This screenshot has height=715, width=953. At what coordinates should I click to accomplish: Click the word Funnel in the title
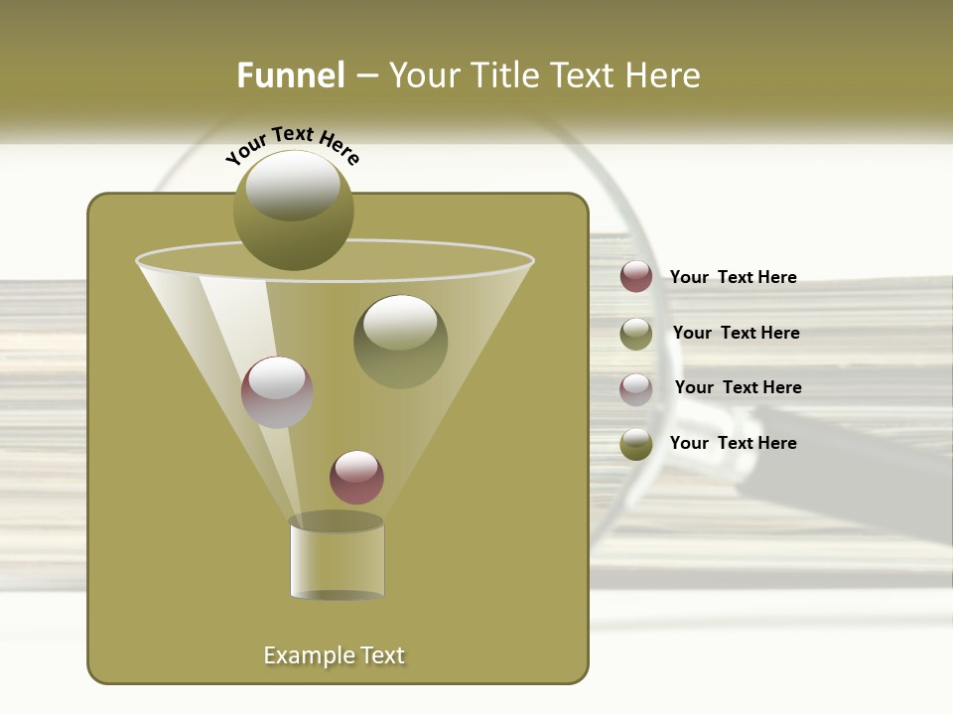(290, 75)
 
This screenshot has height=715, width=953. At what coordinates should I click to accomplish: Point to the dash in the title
(366, 76)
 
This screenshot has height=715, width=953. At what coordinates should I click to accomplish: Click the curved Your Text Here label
(292, 145)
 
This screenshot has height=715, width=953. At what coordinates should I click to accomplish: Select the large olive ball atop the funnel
(294, 211)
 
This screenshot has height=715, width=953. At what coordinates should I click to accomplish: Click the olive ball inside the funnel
(400, 341)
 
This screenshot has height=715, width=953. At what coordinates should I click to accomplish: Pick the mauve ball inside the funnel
(277, 391)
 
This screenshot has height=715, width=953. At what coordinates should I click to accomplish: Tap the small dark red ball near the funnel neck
(356, 477)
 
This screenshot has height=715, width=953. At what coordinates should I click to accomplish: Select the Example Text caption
(334, 655)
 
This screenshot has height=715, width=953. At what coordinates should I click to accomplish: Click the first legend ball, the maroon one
(636, 277)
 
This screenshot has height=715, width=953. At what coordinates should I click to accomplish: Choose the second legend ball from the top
(636, 334)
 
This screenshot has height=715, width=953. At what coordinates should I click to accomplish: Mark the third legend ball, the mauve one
(636, 388)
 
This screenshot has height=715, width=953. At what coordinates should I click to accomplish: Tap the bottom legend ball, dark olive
(636, 444)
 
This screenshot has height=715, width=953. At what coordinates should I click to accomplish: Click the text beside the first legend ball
(733, 277)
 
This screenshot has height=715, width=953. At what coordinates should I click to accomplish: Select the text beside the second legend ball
(736, 333)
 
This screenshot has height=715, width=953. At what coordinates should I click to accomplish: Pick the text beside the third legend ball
(738, 387)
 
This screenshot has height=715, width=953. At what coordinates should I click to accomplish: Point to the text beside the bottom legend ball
(733, 443)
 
